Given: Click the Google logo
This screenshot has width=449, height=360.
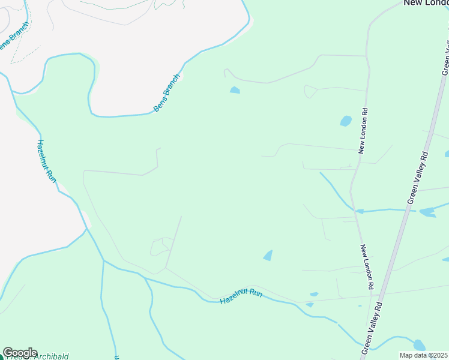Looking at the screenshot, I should [20, 353].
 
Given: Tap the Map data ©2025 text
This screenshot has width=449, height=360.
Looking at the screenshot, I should [424, 355].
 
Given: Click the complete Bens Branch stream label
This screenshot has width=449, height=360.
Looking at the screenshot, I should [167, 93].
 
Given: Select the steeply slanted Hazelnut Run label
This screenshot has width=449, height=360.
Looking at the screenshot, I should [46, 161].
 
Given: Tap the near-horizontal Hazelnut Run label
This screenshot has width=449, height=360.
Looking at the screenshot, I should [241, 296].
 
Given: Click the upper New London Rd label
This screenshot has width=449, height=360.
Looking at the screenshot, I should [363, 131].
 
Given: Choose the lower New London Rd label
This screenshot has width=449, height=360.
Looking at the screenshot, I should [367, 268].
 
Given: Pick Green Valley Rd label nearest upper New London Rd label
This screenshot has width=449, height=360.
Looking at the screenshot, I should [419, 177].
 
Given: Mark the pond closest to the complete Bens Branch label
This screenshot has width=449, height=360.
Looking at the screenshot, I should [235, 91].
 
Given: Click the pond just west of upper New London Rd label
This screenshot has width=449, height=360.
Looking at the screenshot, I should [346, 121].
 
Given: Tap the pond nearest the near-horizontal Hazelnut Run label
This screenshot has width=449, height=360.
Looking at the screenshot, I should [268, 256].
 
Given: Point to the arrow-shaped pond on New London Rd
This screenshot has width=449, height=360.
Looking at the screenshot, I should [360, 211].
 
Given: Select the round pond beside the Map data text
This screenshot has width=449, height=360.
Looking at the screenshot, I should [419, 345].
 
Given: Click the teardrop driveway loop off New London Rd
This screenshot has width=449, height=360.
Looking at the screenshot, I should [310, 91].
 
